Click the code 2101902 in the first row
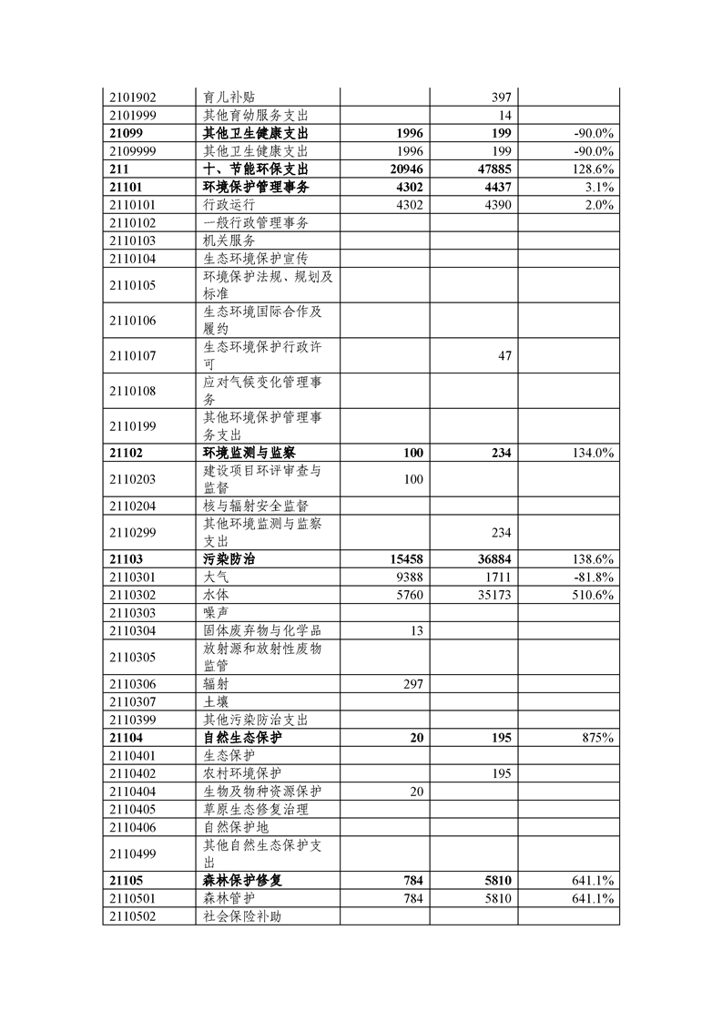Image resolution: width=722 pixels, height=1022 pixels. point(133,97)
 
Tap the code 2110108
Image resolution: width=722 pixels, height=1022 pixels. point(133,392)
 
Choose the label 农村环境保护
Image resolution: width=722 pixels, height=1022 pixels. point(242,773)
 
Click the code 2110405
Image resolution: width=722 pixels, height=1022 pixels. point(133,809)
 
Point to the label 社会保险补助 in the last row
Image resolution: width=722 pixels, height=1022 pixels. point(242,916)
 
